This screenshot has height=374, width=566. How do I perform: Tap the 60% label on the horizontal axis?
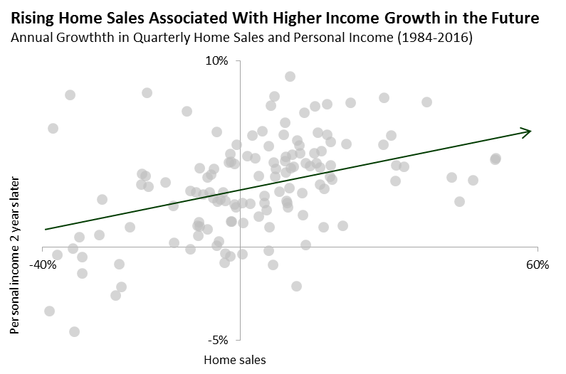537,265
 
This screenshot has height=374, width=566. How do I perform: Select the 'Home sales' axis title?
235,360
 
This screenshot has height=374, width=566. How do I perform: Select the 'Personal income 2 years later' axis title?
15,255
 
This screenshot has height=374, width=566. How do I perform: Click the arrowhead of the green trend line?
528,131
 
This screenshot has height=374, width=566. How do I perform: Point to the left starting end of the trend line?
45,229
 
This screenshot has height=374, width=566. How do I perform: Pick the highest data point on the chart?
290,76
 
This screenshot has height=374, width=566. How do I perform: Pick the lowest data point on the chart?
74,331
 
